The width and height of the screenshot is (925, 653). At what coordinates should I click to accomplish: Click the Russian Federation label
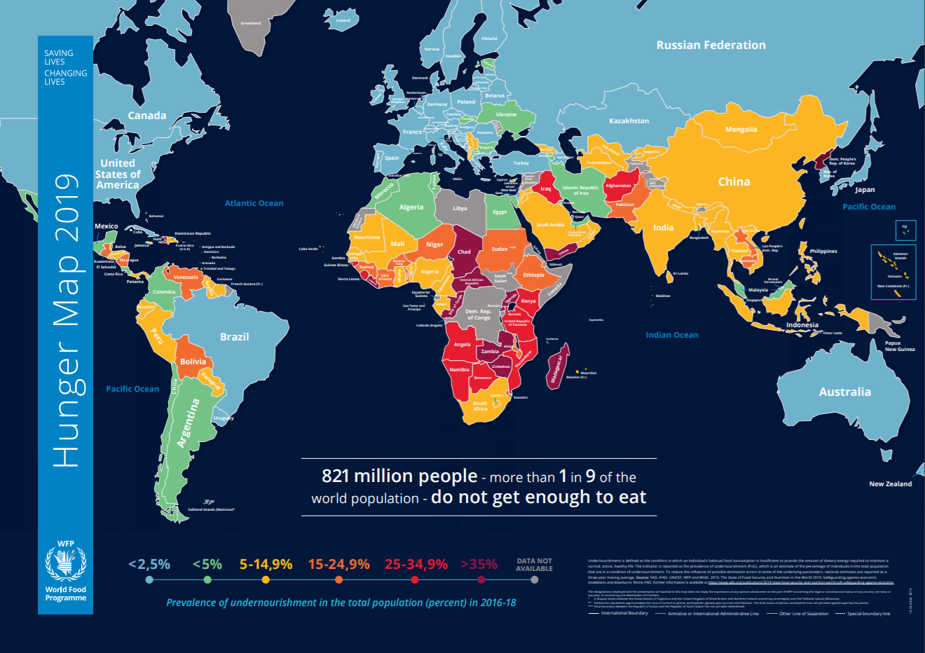coord(711,45)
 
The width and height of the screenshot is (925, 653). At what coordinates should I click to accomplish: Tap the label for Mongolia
coord(741,130)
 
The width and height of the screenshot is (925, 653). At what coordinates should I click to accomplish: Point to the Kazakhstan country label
coord(629,121)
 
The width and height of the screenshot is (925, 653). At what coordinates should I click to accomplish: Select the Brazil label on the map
coord(234,337)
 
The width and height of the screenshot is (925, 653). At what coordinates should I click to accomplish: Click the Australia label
coord(844,392)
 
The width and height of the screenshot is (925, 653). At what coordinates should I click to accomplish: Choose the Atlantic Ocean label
coord(254,203)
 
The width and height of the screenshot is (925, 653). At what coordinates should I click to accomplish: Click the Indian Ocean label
coord(671,335)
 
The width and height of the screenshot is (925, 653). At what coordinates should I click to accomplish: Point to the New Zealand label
coord(890,484)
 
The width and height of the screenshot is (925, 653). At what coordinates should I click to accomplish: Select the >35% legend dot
coord(481,579)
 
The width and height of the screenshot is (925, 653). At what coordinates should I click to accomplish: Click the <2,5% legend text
coord(149,564)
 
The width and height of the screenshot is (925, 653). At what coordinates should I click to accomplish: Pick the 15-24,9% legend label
coord(338,564)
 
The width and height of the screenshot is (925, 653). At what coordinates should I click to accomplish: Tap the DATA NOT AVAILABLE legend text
coord(534,565)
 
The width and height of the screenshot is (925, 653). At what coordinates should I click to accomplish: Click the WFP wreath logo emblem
coord(65,565)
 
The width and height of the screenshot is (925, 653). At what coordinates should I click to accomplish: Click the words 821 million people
coord(399,476)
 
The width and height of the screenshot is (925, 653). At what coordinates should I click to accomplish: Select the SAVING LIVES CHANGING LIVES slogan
coord(65,67)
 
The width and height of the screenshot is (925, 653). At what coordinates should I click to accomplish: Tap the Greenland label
coord(250,23)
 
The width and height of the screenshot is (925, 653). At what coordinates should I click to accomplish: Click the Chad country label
coord(464,252)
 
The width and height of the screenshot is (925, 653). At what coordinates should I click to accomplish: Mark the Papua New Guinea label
coord(899,346)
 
